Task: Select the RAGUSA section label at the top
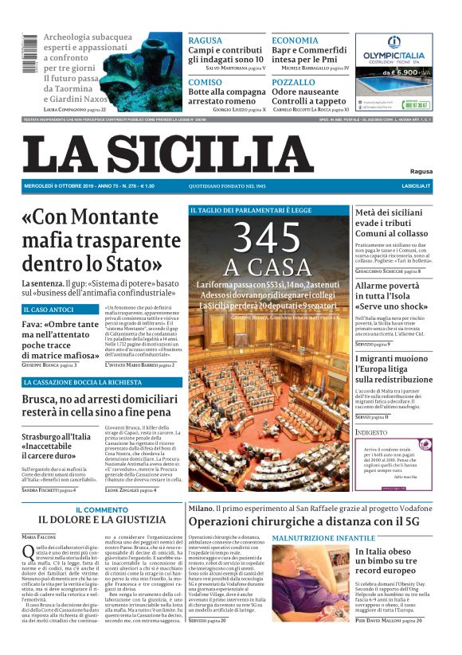coord(206,40)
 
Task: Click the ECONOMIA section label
coord(295,40)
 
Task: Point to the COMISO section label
coord(206,82)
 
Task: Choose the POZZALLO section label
coord(293,82)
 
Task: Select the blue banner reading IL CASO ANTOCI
coord(49,309)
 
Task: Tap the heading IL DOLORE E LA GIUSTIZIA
coord(101,520)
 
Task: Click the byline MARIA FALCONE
coord(40,536)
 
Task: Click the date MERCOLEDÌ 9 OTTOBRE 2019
coord(56,185)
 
